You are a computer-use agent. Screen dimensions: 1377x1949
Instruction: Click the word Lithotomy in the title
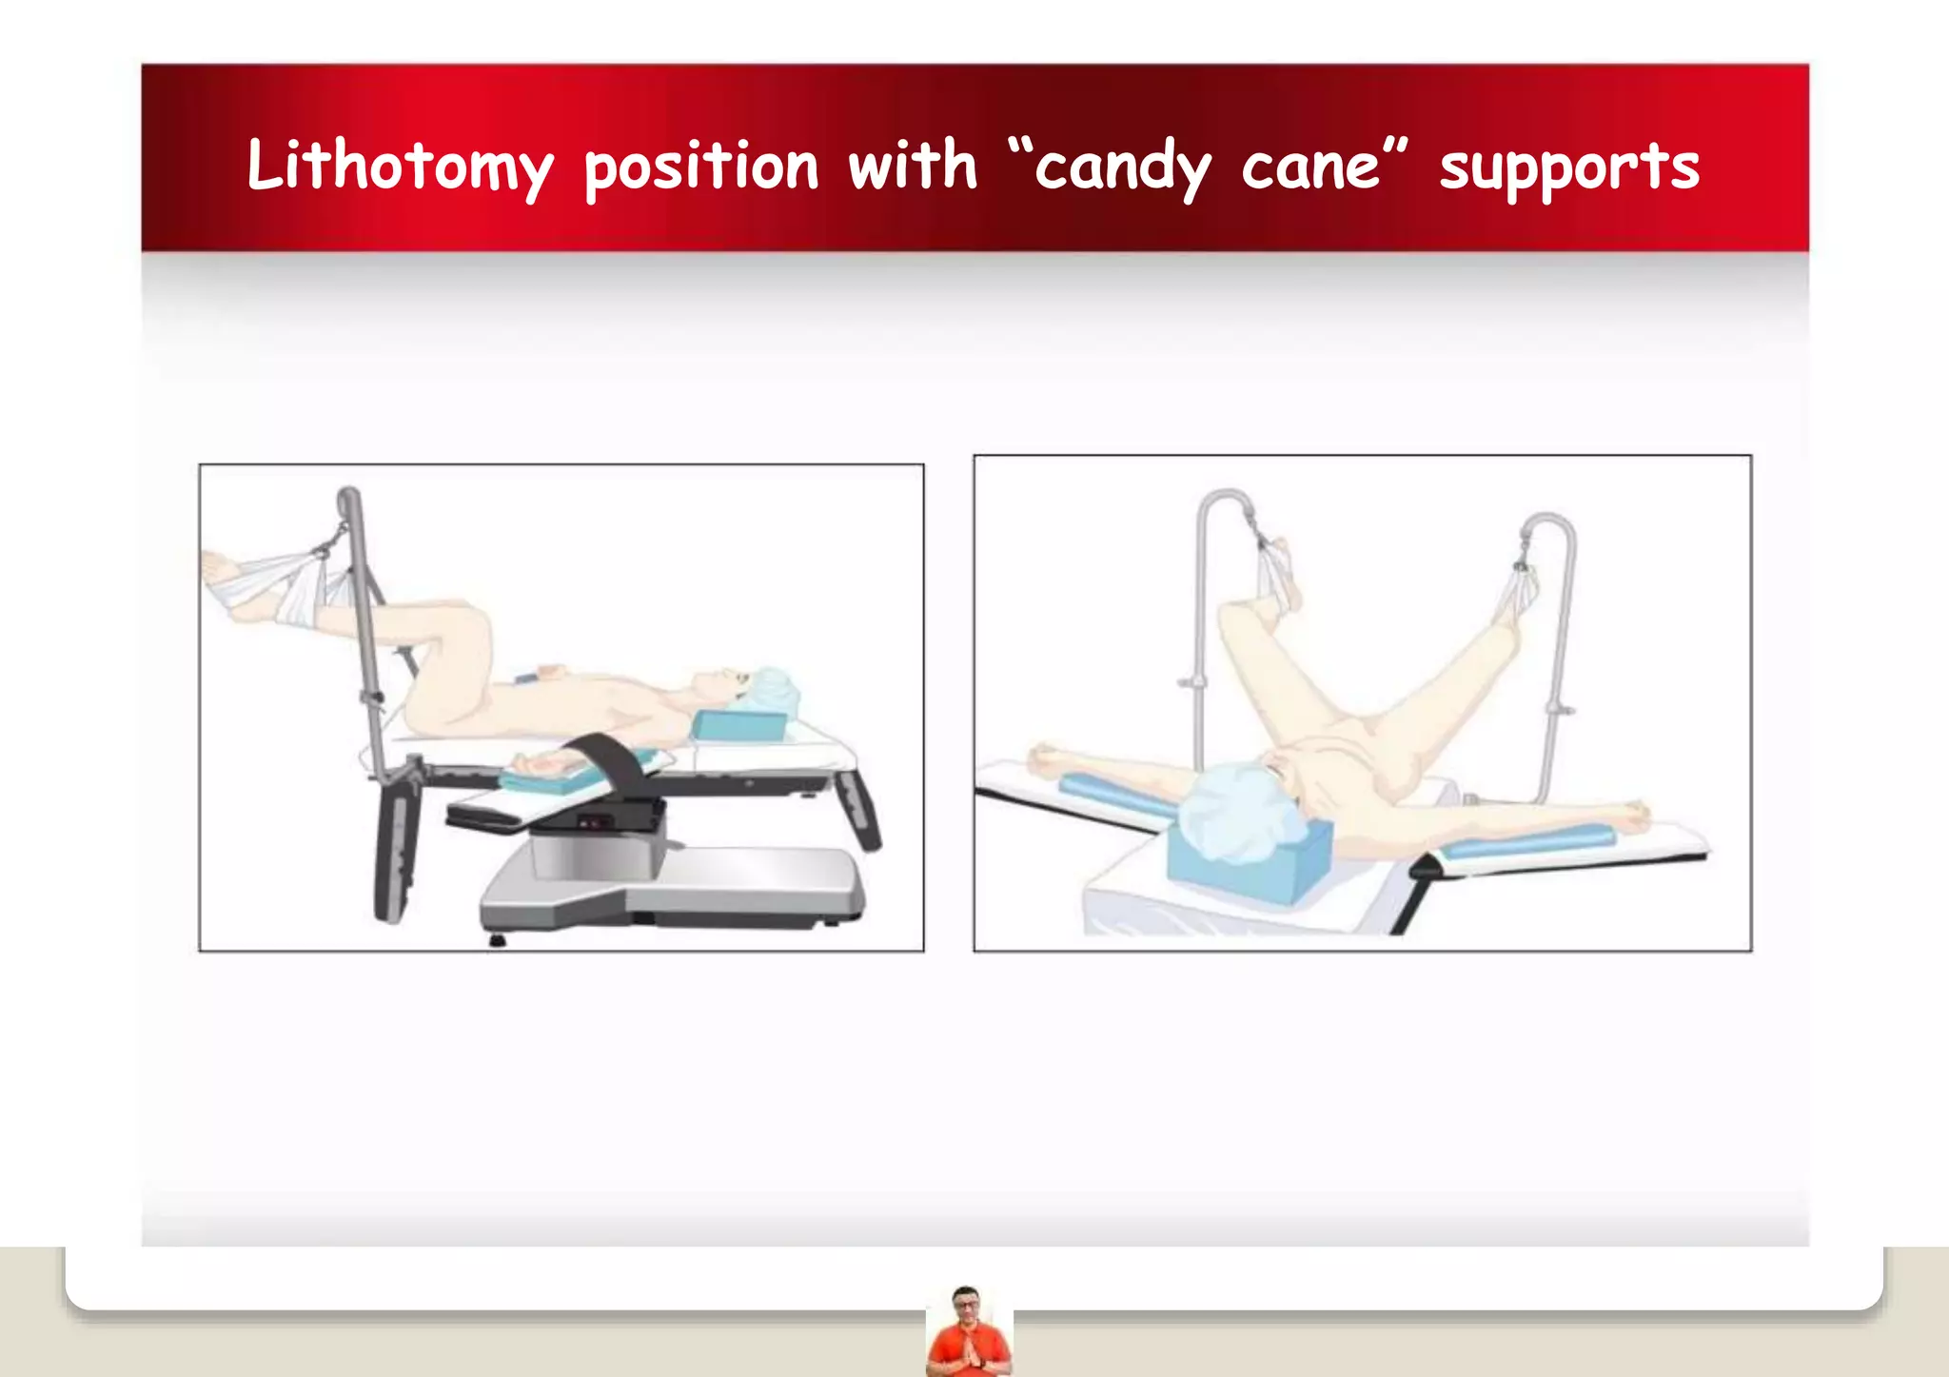(x=399, y=167)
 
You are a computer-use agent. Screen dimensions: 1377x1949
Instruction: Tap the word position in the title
(x=700, y=167)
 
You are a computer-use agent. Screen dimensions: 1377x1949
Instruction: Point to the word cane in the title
(x=1310, y=167)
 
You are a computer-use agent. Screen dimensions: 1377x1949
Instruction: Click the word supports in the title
(x=1568, y=167)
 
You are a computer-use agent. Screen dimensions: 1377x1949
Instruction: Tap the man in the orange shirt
(x=968, y=1333)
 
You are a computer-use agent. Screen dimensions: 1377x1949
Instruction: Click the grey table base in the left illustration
(x=671, y=890)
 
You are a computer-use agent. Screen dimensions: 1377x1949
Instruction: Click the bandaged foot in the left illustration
(x=228, y=580)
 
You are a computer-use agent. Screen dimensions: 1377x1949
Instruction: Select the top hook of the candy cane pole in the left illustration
(x=347, y=499)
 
